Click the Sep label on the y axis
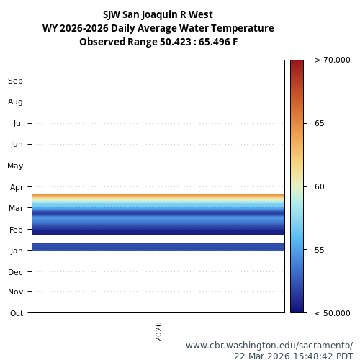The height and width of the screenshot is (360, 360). pos(15,81)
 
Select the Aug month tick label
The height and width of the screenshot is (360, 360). pos(15,102)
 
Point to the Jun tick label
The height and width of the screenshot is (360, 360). pos(16,144)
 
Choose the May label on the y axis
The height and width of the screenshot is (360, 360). pos(15,166)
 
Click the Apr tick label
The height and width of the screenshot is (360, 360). pos(16,186)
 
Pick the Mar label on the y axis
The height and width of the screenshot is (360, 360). pos(16,208)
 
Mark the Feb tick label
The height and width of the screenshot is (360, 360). pos(16,230)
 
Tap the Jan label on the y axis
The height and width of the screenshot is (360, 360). pos(16,251)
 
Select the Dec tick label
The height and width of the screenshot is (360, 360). pos(16,272)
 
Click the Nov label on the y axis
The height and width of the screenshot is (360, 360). pos(15,292)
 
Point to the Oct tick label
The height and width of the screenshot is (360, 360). pos(16,312)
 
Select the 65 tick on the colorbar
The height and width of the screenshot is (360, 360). pos(320,123)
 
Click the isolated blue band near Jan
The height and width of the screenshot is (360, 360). pos(158,247)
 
